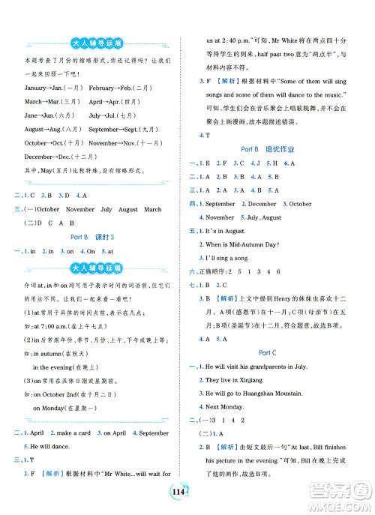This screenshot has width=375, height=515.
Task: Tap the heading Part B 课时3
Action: [91, 235]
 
